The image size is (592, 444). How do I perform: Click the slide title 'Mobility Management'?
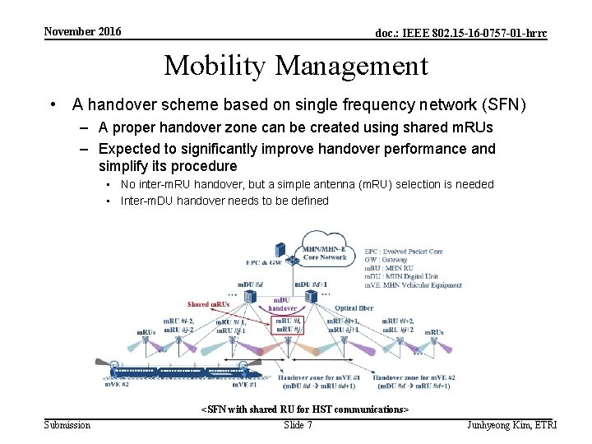pos(296,65)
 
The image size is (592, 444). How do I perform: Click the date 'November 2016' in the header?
pos(82,32)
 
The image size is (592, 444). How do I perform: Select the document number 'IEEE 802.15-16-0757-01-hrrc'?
pos(460,34)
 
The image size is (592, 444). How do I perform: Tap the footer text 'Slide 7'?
pos(298,425)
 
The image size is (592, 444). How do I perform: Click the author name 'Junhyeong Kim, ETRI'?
pos(511,425)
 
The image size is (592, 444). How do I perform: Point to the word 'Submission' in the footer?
pos(67,425)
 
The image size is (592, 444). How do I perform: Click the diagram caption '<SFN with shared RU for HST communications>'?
pos(305,409)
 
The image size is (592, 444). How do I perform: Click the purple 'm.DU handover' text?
pos(283,303)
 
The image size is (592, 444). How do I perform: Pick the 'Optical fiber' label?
pos(354,308)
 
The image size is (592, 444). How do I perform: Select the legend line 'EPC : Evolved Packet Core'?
pos(403,251)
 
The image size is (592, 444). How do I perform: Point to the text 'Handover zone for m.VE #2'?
pos(416,377)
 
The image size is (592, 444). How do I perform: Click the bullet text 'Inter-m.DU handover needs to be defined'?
pos(224,201)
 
